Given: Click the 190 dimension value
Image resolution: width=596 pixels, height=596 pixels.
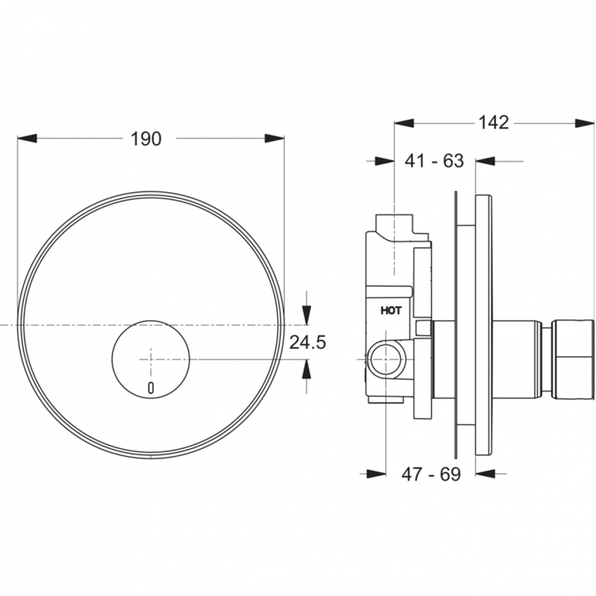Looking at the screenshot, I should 146,138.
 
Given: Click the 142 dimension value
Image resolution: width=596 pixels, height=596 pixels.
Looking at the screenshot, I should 493,122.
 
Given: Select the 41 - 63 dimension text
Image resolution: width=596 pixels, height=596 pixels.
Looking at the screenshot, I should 435,161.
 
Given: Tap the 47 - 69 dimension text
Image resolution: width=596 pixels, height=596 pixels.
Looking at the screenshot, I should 432,474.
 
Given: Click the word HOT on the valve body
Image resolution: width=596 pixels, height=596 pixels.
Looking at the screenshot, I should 391,312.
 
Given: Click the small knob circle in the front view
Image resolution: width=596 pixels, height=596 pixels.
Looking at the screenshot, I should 151,358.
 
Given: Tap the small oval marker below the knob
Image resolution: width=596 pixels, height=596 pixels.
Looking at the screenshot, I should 151,389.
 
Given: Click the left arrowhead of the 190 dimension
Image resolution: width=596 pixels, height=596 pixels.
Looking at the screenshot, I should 27,138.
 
